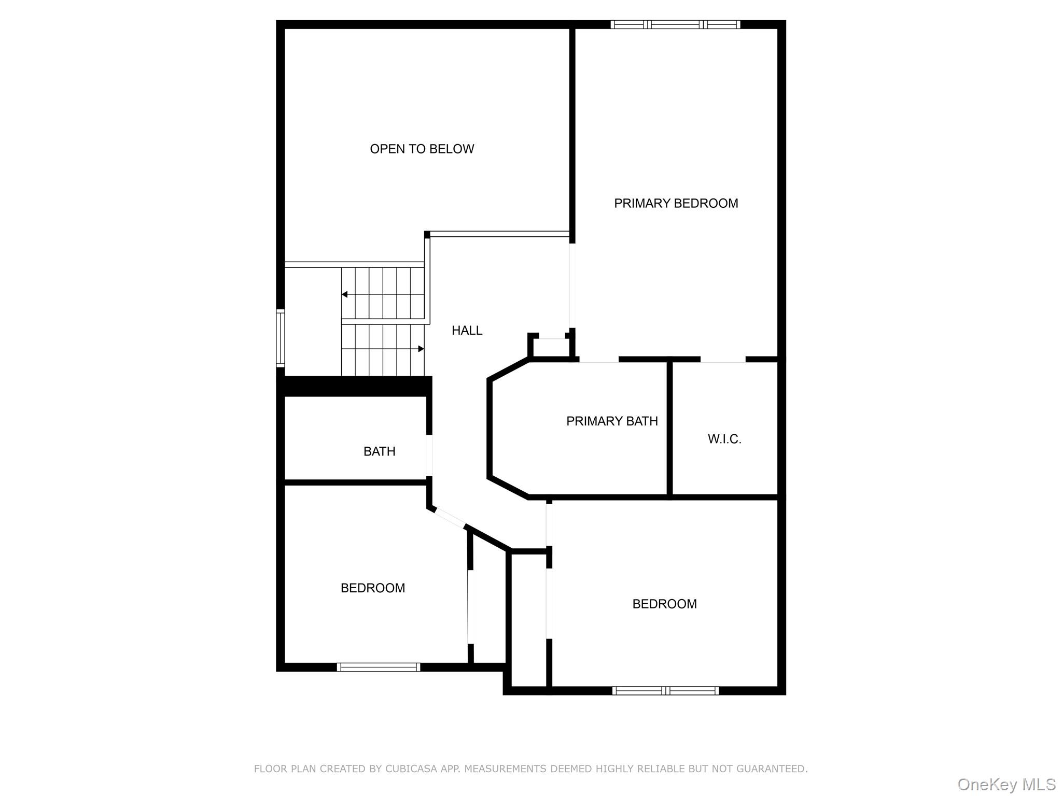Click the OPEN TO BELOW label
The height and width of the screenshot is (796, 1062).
[x=422, y=149]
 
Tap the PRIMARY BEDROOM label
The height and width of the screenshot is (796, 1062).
[x=676, y=204]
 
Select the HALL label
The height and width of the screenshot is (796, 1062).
[x=467, y=331]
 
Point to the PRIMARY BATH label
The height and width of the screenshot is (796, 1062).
[x=612, y=421]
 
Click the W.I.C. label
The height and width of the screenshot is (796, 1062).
[x=724, y=439]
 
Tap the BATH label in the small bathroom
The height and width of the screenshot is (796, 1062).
[x=380, y=452]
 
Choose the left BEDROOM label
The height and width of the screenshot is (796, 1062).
[x=373, y=588]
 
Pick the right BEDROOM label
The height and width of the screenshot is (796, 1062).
[x=664, y=604]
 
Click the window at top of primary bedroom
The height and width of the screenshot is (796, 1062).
[x=675, y=24]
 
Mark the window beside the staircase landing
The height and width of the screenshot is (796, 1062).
[x=281, y=338]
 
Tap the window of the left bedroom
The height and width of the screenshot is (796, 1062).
[x=379, y=667]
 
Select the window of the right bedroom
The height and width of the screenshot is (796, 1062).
[x=665, y=690]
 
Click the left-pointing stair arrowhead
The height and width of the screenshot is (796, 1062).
[x=344, y=295]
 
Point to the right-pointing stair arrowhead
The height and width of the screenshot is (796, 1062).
[x=421, y=349]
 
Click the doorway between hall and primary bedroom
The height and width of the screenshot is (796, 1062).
[x=572, y=286]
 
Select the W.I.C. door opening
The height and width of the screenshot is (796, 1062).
[x=723, y=359]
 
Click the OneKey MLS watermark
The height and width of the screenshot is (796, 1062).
[x=1007, y=785]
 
